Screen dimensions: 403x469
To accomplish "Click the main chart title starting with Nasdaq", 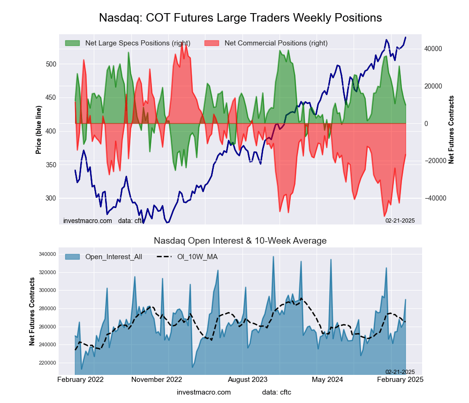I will (241, 18).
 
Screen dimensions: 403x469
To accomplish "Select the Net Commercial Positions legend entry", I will (276, 43).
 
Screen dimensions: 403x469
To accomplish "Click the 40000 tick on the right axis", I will (434, 49).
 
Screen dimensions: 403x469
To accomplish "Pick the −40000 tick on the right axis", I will (433, 198).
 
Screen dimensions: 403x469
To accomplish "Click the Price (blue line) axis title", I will (38, 127).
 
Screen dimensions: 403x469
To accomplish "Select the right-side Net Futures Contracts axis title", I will (452, 130).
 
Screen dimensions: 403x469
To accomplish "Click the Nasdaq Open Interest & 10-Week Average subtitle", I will (240, 241).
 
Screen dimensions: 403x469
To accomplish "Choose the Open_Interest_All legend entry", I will (113, 257).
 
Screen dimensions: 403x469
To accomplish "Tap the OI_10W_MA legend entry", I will (197, 257).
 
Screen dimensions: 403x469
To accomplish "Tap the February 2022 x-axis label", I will (81, 380).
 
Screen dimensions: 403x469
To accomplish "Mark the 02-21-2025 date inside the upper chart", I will (400, 220).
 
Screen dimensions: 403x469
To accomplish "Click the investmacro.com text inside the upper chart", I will (88, 220).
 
